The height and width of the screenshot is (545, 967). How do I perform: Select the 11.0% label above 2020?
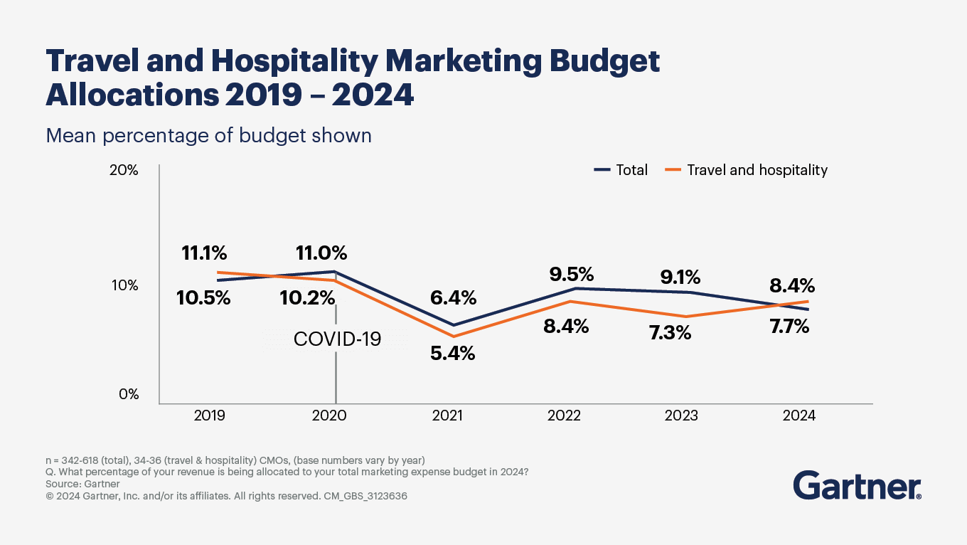coord(321,253)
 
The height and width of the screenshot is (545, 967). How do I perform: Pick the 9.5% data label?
coord(570,275)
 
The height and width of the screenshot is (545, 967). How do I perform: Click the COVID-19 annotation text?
coord(337,339)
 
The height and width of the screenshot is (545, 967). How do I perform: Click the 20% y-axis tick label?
coord(124,171)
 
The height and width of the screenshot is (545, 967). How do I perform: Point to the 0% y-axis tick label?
coord(128,394)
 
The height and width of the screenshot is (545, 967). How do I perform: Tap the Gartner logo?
coord(858,485)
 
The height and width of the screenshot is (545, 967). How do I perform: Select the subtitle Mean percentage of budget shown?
coord(208,135)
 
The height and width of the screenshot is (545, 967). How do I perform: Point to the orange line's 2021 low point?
coord(454,336)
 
